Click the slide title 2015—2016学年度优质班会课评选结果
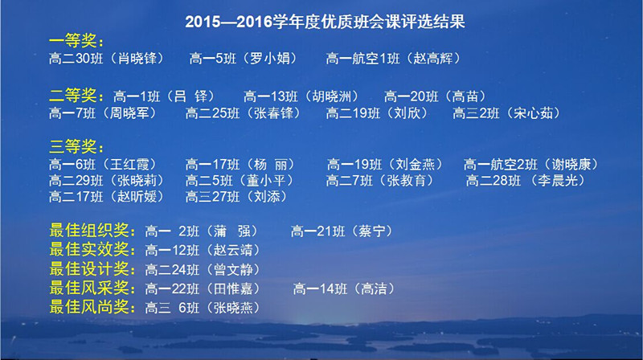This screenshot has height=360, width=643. (325, 22)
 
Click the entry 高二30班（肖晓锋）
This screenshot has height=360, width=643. (106, 58)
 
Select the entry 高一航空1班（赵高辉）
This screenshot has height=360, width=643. (393, 58)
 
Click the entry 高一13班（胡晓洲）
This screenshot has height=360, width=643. (301, 96)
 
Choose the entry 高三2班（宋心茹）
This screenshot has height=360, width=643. (506, 112)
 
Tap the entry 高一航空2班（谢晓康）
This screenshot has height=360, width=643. (530, 165)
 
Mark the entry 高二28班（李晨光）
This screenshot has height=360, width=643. (526, 181)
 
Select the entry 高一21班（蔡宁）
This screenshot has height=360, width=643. (342, 231)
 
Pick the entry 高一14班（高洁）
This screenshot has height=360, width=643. (344, 288)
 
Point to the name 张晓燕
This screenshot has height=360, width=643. (233, 308)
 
